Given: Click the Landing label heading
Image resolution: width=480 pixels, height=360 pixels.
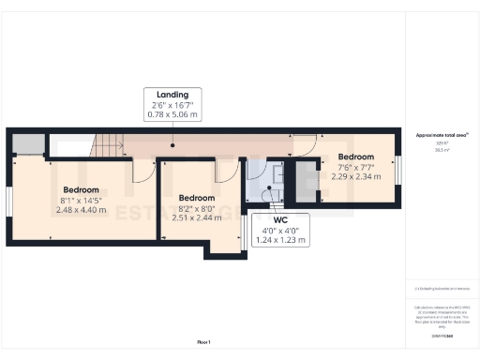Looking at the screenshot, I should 172,95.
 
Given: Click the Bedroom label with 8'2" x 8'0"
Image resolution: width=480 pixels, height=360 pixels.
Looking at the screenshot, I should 197,198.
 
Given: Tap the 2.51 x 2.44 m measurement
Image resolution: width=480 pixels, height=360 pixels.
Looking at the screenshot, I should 197,217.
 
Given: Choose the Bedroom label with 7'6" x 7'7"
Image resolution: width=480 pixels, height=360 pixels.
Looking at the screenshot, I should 356,157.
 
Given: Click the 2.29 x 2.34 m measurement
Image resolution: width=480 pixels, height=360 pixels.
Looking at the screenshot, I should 356,175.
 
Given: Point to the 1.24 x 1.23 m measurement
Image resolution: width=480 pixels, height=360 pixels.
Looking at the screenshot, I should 281,240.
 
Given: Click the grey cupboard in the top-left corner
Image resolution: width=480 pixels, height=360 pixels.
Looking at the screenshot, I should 29,144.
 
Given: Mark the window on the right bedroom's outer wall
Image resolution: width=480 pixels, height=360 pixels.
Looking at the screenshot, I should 397,172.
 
